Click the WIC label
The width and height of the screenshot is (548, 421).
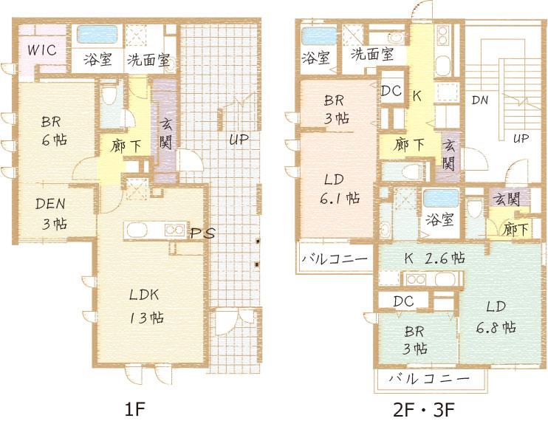click(42, 49)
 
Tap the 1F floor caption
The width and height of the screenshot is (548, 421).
click(134, 409)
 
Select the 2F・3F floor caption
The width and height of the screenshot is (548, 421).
click(424, 409)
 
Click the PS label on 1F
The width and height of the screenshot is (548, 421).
click(202, 233)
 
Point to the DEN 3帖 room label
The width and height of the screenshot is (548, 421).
click(52, 213)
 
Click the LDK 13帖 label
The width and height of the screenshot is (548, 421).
click(146, 306)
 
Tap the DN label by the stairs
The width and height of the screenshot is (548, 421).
click(480, 100)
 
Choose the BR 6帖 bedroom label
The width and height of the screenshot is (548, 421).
click(53, 130)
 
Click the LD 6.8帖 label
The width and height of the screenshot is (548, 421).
click(496, 317)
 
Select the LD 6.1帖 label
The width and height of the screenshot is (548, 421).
click(340, 189)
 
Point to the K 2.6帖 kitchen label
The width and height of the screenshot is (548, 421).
click(434, 259)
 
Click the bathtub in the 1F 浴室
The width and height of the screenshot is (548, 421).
click(97, 34)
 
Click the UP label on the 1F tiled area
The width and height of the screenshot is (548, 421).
click(239, 139)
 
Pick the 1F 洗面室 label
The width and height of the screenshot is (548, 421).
click(148, 60)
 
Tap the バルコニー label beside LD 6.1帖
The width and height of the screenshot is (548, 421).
click(335, 259)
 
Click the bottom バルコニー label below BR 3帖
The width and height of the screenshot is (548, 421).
click(429, 378)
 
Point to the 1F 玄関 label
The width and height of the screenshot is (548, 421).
click(165, 134)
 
